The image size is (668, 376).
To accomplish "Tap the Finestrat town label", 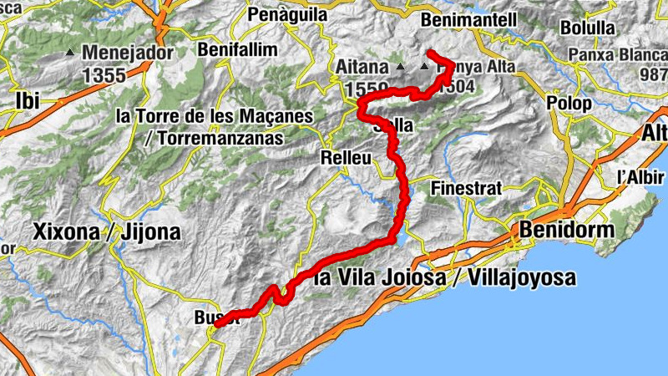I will click(x=466, y=188).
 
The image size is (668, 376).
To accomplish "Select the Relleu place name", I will click(x=344, y=157).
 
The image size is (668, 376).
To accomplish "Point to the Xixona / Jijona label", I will click(x=106, y=232).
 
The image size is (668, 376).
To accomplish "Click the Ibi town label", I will click(x=28, y=101).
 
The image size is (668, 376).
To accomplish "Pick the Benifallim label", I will click(x=237, y=50).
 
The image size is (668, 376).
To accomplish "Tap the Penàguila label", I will click(x=286, y=15).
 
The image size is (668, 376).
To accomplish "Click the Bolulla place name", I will click(x=587, y=28).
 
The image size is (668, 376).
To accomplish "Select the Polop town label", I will click(x=569, y=104).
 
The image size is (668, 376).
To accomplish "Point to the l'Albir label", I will click(x=639, y=177).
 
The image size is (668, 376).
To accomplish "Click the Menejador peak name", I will click(x=128, y=53).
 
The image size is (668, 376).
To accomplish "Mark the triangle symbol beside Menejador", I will click(x=70, y=54).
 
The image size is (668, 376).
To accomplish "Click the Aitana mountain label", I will click(x=364, y=65).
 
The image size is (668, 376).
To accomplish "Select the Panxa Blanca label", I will click(x=616, y=55).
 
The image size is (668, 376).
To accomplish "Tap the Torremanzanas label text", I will click(x=214, y=138).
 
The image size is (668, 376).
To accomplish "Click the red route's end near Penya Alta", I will click(x=429, y=53).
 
